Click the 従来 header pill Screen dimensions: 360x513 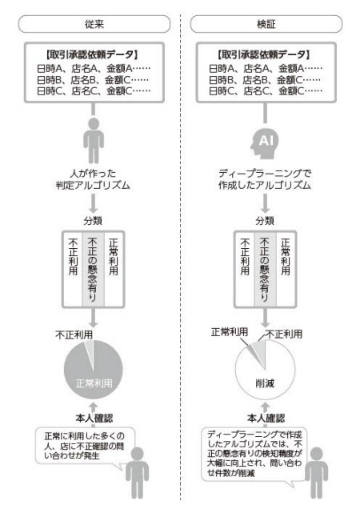tap(94, 24)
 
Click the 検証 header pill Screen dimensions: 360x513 tap(266, 24)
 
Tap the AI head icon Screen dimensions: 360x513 tap(265, 142)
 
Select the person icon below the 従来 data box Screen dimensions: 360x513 tap(94, 141)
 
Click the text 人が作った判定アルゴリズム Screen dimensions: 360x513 tap(93, 179)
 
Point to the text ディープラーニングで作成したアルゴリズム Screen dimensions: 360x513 tap(265, 179)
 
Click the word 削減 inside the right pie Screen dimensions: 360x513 tap(265, 383)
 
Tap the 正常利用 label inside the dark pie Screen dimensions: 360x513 tap(94, 383)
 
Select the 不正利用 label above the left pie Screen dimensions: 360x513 tap(74, 335)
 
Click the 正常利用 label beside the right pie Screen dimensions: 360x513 tap(230, 332)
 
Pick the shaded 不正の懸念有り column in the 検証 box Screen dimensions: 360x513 tap(265, 270)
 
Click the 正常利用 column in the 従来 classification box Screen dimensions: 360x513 tap(114, 270)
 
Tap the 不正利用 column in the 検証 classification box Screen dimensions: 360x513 tap(245, 270)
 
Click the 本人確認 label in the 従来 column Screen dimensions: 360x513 tap(94, 418)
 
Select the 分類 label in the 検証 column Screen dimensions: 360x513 tap(265, 221)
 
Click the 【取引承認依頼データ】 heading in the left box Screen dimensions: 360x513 tap(93, 54)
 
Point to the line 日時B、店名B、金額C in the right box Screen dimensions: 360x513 tap(266, 80)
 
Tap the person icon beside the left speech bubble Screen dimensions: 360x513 tap(138, 472)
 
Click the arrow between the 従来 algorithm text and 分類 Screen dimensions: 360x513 tap(94, 203)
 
